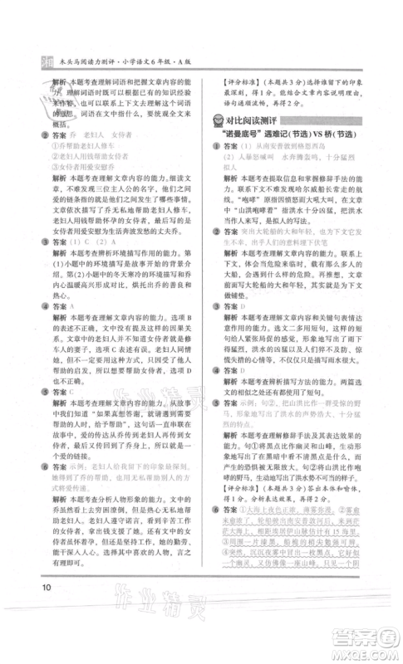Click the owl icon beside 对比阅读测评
[218, 122]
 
